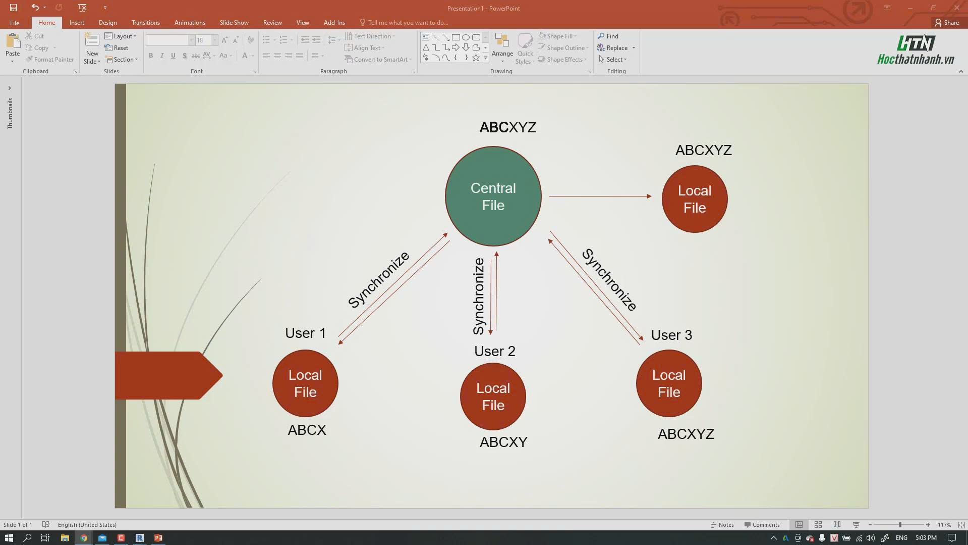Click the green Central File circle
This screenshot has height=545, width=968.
[493, 196]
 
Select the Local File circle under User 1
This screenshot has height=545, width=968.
[305, 383]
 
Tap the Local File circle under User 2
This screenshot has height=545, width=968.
[493, 397]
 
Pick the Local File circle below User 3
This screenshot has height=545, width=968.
[669, 383]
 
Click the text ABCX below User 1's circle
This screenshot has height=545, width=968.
[307, 430]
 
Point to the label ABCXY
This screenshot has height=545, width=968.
[503, 442]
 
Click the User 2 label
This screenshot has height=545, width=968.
[494, 351]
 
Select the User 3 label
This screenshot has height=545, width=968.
[671, 335]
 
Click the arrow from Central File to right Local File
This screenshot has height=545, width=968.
[600, 196]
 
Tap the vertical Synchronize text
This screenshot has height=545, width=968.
[478, 296]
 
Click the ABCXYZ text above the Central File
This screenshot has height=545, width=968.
[507, 127]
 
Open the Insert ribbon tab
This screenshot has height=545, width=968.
[77, 23]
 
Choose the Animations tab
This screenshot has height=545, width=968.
[190, 23]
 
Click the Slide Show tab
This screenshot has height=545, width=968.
[234, 23]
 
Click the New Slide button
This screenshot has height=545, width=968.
[92, 48]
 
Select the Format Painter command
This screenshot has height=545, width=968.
[49, 60]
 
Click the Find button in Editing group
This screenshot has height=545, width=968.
[608, 36]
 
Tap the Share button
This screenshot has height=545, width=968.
[947, 23]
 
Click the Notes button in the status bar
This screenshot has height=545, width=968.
[722, 525]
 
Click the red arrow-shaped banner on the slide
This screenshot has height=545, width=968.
[168, 375]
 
